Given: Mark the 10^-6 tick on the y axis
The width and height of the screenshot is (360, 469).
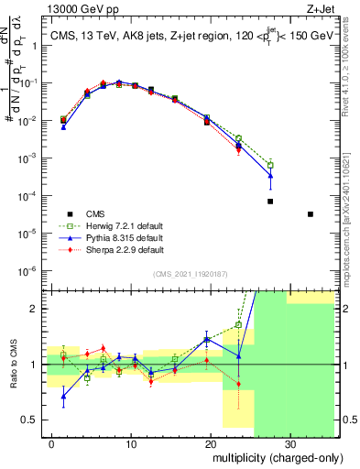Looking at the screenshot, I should (x=31, y=270).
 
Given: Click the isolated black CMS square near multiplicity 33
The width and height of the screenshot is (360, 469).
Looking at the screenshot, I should (x=311, y=214).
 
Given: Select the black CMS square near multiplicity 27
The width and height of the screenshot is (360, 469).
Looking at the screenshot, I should (x=270, y=202).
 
